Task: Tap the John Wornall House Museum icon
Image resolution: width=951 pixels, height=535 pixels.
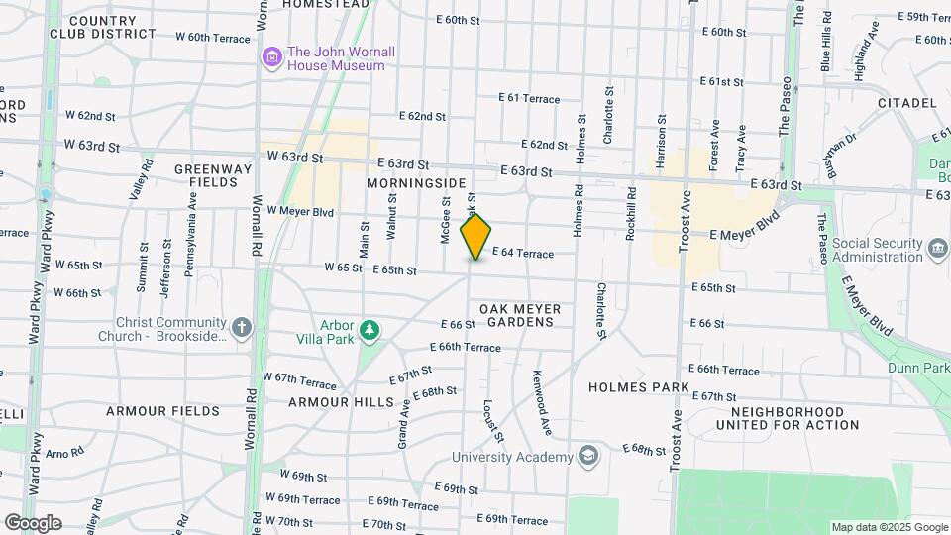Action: point(271,58)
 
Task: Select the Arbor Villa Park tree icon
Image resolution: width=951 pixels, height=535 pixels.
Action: point(370,330)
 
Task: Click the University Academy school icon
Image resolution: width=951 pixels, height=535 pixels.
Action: point(589,456)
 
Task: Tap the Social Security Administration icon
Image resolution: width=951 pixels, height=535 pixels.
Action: point(937,245)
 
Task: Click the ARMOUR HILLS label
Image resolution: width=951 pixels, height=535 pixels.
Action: point(334,402)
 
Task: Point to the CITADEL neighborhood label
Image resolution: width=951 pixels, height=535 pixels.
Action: point(906,103)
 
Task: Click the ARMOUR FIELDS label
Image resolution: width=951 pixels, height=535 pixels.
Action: point(162,410)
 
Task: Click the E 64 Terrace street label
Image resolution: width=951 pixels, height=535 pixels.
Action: point(522,254)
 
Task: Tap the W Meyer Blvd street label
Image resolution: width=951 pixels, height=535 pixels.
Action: point(303,211)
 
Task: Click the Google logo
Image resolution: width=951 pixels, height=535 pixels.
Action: point(33,523)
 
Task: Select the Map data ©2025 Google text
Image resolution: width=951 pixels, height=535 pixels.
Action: point(889,527)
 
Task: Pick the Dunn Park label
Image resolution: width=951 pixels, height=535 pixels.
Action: point(917,367)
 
